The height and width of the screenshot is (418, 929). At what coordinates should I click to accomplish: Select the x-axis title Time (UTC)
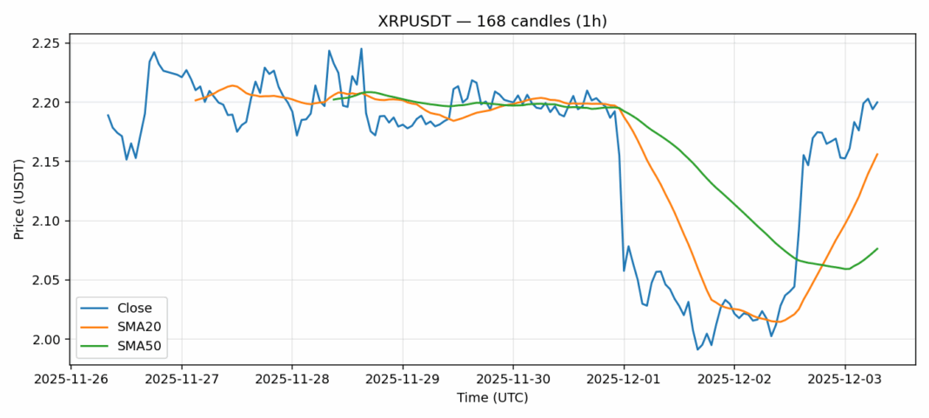(x=492, y=398)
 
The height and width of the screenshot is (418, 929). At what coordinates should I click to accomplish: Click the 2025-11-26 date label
(x=70, y=379)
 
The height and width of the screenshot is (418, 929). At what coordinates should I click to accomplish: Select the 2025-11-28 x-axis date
(x=291, y=379)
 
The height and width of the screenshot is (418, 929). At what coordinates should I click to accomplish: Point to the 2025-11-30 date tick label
(x=512, y=379)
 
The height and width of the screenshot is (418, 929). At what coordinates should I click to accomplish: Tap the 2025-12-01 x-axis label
(x=623, y=379)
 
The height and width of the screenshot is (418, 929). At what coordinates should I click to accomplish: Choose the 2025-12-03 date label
(x=844, y=379)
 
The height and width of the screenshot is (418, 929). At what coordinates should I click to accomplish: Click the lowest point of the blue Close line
(x=697, y=349)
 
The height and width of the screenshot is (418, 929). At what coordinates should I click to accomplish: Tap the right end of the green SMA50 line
(x=877, y=249)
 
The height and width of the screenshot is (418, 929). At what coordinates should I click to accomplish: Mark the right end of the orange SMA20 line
(x=877, y=155)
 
